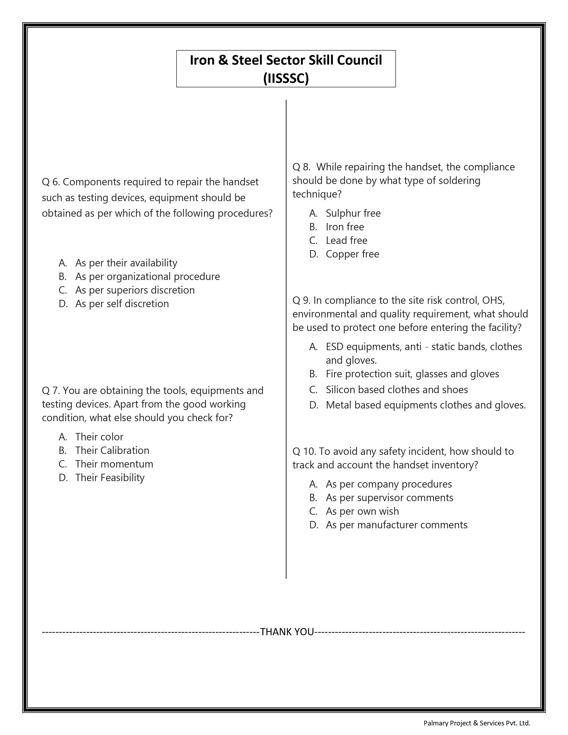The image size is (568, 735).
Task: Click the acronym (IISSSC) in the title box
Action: click(286, 78)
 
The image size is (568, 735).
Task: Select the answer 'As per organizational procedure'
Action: click(147, 276)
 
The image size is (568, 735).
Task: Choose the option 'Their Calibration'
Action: click(112, 450)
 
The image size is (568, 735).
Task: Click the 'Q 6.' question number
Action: click(51, 182)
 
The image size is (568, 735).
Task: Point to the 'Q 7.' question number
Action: click(51, 390)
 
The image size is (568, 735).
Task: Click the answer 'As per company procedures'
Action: click(389, 484)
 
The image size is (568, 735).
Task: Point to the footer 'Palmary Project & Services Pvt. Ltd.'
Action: click(476, 723)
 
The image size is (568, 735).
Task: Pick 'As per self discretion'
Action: click(122, 304)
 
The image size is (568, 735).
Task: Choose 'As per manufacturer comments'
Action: click(396, 525)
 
